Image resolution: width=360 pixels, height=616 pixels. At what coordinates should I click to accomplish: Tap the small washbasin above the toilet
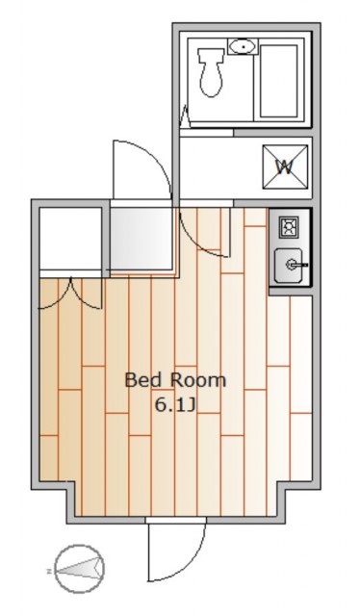tap(244, 46)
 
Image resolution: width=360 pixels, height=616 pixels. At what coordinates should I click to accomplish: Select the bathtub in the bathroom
tap(278, 81)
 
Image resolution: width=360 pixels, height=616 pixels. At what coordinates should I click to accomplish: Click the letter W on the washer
tap(285, 167)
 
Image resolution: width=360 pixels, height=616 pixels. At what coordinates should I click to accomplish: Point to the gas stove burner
tap(289, 228)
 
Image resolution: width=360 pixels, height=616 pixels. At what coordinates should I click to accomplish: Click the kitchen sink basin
tap(289, 266)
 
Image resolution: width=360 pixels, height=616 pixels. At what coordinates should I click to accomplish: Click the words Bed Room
tap(175, 380)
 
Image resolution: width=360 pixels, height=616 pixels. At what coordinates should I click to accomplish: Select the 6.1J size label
tap(175, 405)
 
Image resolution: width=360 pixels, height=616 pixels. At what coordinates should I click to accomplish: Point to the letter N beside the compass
tap(49, 571)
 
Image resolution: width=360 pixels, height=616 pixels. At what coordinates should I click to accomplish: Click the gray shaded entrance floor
tap(141, 238)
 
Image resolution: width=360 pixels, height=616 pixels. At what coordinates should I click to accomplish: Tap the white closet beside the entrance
tap(70, 238)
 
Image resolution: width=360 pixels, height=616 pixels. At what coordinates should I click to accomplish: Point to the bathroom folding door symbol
tap(185, 116)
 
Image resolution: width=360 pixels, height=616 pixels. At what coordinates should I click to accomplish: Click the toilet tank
tap(212, 55)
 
